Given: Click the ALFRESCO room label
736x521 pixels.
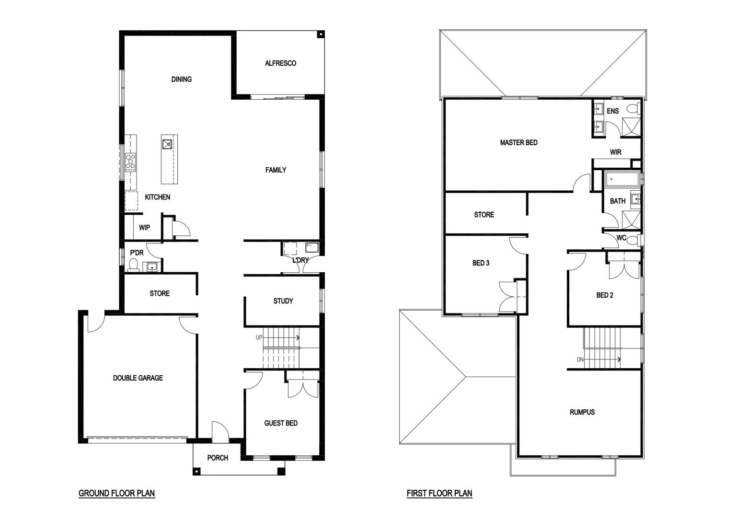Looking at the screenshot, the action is pos(280,63).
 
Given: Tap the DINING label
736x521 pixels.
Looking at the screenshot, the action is pos(182,79).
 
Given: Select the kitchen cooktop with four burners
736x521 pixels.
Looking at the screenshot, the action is pos(130,162).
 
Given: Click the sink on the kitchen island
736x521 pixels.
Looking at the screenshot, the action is pos(167,144).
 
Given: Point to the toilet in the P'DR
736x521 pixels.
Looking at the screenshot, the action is pos(133,265).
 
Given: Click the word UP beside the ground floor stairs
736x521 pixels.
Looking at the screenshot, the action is pos(259,337).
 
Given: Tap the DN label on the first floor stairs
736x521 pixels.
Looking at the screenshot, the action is pos(580,359).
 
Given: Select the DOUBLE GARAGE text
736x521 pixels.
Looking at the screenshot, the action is pos(138,378).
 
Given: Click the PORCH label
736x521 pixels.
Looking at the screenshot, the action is pos(218,458).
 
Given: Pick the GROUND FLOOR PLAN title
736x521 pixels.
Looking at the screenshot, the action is pos(116,493).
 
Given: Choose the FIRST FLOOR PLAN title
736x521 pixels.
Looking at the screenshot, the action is pos(439,493).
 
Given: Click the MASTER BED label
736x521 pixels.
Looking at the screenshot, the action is pos(519,143).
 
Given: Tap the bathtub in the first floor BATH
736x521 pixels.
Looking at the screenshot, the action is pos(621,179).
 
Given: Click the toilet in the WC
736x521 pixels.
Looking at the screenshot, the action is pos(634,240).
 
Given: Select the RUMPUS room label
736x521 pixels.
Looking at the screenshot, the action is pos(582,412).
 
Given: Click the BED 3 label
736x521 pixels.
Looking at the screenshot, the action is pos(481,263).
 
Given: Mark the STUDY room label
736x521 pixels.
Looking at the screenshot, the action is pos(283,301).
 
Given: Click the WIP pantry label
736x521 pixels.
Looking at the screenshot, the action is pos(144,228).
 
